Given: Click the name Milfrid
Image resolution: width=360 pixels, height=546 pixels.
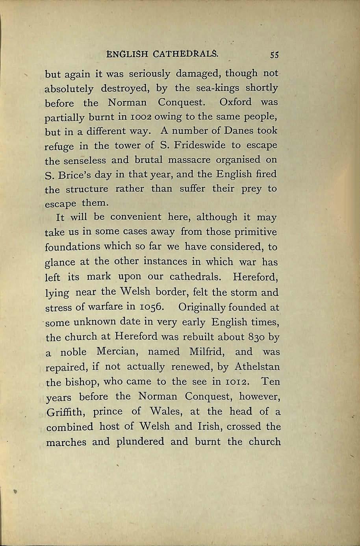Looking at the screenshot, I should (206, 352).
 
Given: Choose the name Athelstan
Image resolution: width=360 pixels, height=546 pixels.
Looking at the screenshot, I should (257, 366).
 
